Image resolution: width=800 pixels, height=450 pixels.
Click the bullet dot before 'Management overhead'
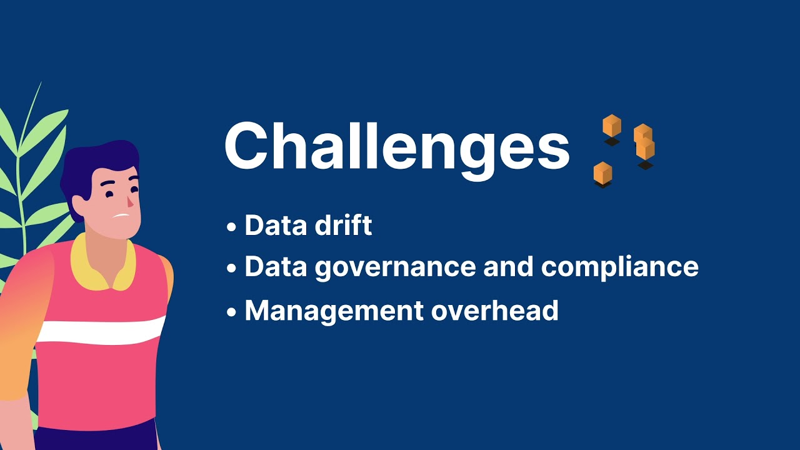click(x=232, y=312)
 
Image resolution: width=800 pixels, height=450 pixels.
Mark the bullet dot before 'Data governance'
click(x=232, y=269)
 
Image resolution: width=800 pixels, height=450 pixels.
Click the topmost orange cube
click(x=612, y=126)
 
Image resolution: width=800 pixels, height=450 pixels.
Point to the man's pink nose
click(x=129, y=202)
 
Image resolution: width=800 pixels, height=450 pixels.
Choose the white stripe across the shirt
click(x=100, y=331)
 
